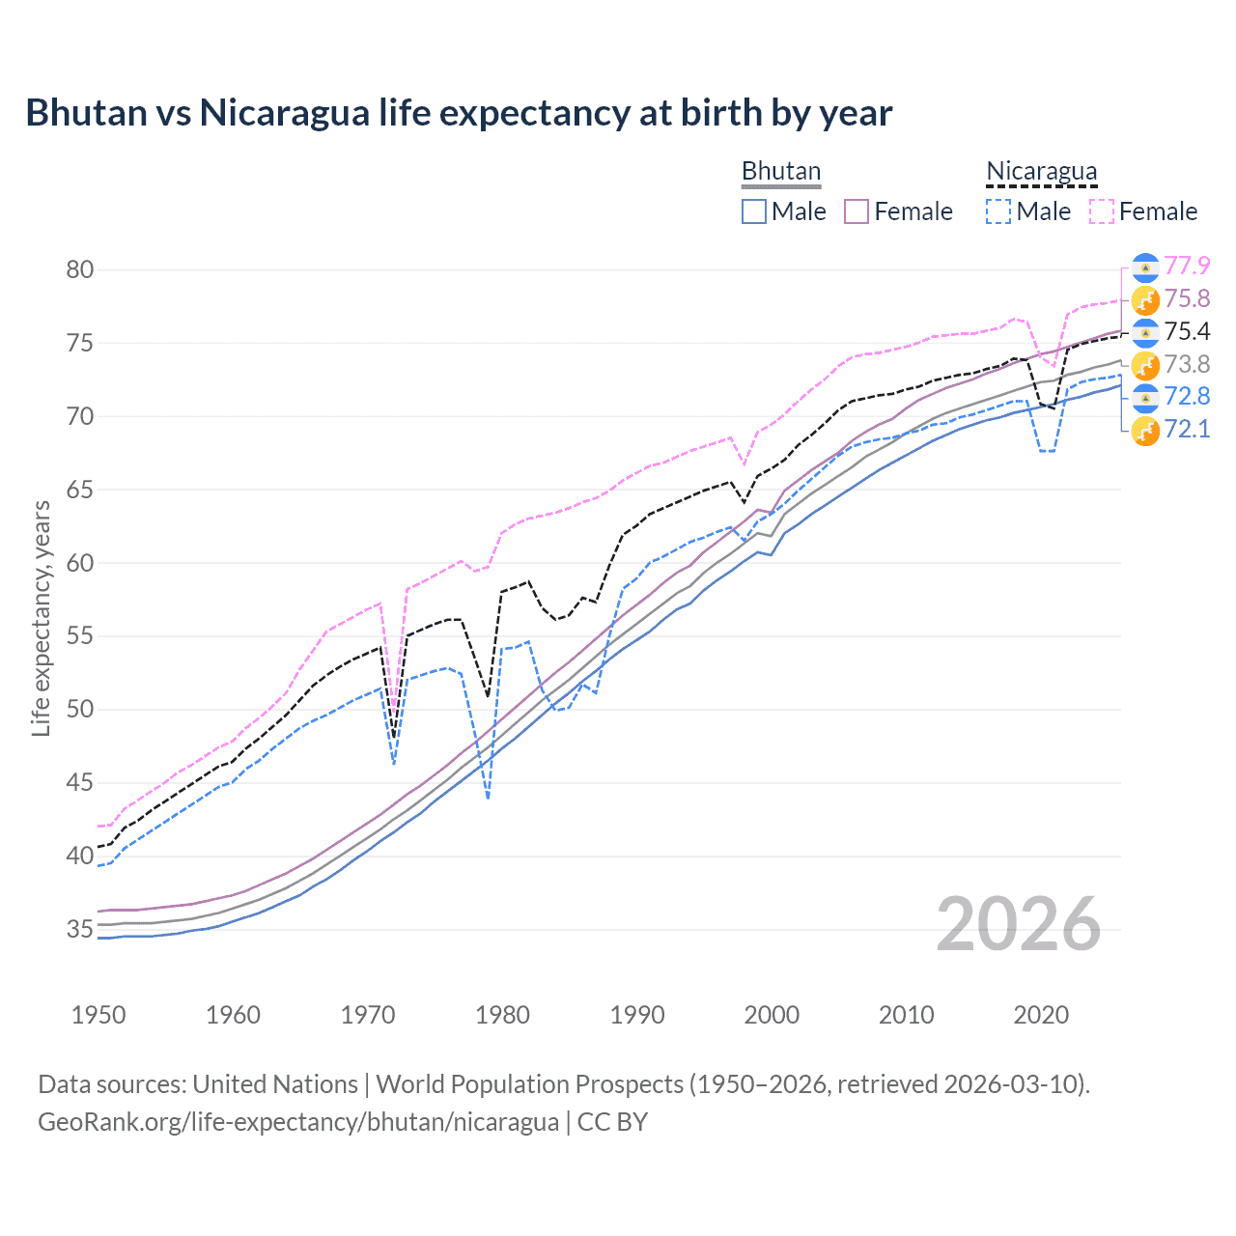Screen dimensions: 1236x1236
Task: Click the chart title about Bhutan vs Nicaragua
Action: pyautogui.click(x=459, y=113)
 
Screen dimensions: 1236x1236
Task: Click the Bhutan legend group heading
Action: pyautogui.click(x=780, y=171)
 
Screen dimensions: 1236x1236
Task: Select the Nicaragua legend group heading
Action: pyautogui.click(x=1041, y=171)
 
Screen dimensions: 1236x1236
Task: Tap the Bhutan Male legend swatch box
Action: pyautogui.click(x=754, y=211)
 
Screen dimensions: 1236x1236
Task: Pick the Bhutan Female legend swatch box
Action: pyautogui.click(x=857, y=211)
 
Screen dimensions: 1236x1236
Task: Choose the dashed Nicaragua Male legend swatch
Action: pyautogui.click(x=998, y=211)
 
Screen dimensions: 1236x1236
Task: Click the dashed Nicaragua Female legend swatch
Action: pyautogui.click(x=1102, y=211)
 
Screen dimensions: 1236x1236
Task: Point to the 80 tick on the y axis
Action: pyautogui.click(x=80, y=269)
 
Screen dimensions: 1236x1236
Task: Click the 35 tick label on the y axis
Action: pyautogui.click(x=80, y=929)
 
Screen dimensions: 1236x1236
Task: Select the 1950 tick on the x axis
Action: pyautogui.click(x=98, y=1015)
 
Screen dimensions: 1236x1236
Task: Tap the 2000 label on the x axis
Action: pyautogui.click(x=772, y=1015)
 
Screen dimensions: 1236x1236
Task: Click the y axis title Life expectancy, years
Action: pyautogui.click(x=41, y=618)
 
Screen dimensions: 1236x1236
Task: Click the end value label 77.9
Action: pyautogui.click(x=1187, y=266)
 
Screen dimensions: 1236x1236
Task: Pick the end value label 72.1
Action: pyautogui.click(x=1187, y=429)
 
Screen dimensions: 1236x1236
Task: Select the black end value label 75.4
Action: pyautogui.click(x=1187, y=331)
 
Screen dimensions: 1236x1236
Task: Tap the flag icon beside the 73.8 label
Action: pyautogui.click(x=1145, y=365)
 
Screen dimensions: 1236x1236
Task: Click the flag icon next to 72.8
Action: pyautogui.click(x=1145, y=397)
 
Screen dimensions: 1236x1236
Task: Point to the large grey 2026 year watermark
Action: pyautogui.click(x=1019, y=924)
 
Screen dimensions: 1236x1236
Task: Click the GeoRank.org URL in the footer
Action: pyautogui.click(x=298, y=1122)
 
